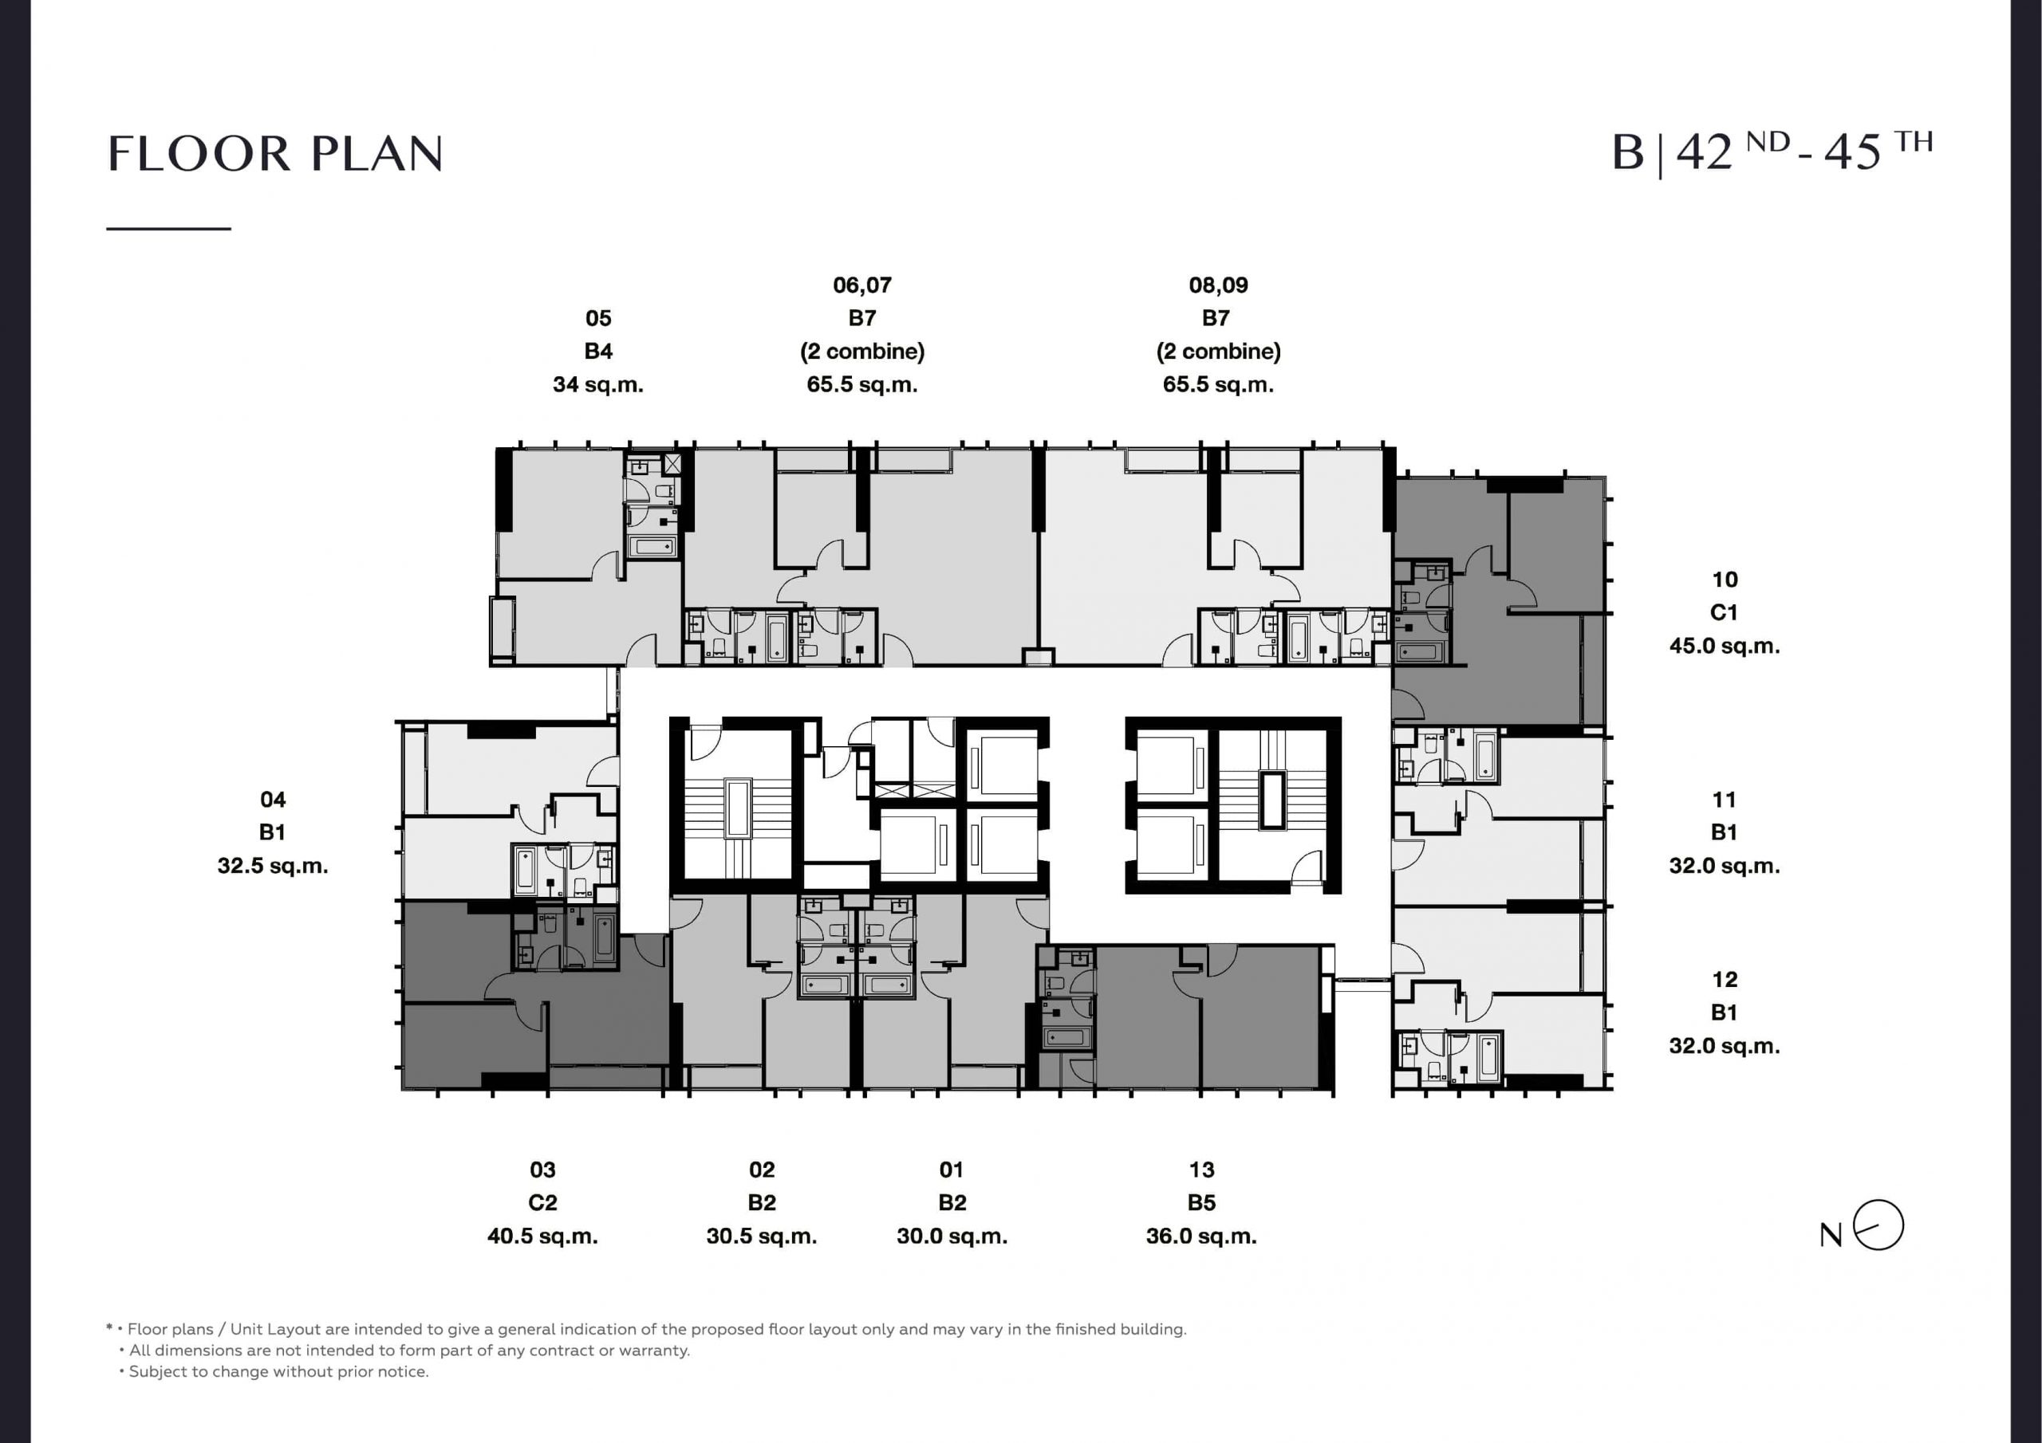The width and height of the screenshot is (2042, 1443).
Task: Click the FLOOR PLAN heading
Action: pos(275,154)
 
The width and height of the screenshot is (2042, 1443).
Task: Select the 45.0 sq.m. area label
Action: pos(1724,646)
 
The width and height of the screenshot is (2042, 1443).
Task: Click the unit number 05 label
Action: pos(598,318)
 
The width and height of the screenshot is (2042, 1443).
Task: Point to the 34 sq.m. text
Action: pos(597,385)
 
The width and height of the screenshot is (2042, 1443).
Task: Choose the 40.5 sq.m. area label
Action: pos(542,1236)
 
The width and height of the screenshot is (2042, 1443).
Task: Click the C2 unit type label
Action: pos(542,1203)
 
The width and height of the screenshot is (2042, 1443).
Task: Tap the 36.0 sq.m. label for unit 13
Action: pos(1201,1236)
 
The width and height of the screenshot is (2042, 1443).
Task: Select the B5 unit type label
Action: pos(1201,1203)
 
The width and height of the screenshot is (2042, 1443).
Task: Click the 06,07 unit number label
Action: pos(861,285)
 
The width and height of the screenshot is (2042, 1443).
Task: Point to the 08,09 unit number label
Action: pos(1219,285)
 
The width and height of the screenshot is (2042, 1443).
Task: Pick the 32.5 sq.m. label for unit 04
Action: pos(273,866)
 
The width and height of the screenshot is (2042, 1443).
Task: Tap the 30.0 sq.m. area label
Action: pos(952,1236)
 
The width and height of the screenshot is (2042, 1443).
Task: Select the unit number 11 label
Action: pos(1724,800)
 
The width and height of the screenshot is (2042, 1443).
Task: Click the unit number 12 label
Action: pos(1725,979)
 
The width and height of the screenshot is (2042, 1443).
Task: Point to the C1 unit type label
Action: pos(1724,612)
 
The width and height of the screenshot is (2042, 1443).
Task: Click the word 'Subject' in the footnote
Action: pos(156,1372)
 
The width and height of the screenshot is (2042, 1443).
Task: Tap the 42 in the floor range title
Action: pos(1704,152)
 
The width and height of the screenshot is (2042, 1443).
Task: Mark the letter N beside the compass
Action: pos(1831,1236)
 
